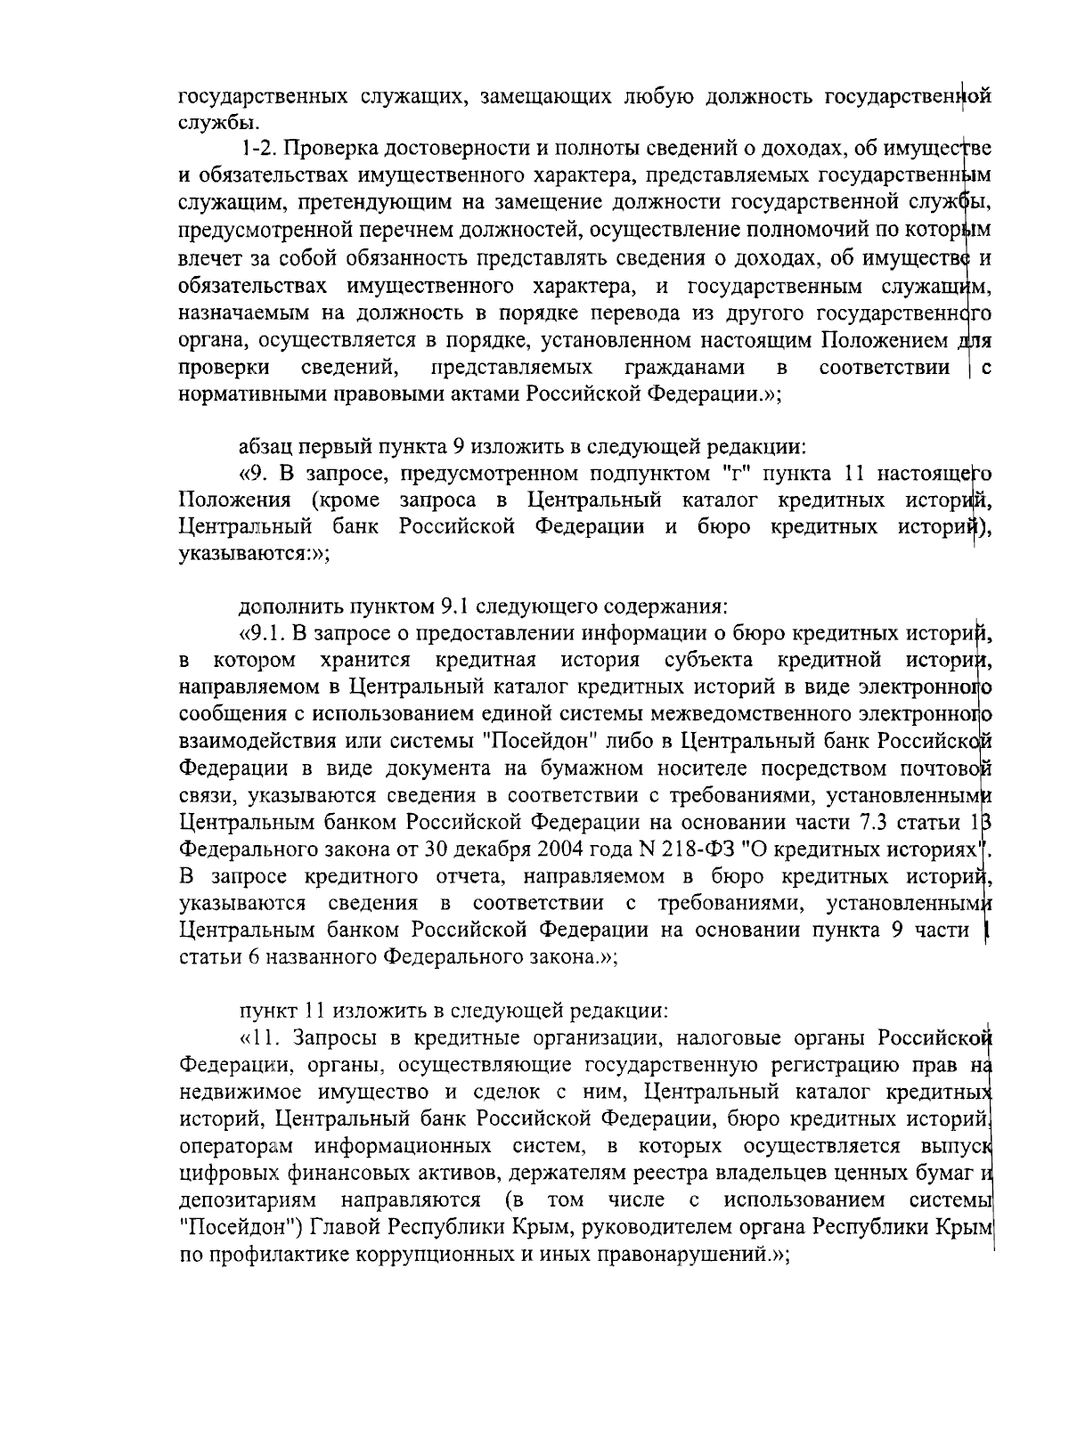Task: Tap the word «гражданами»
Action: (685, 368)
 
